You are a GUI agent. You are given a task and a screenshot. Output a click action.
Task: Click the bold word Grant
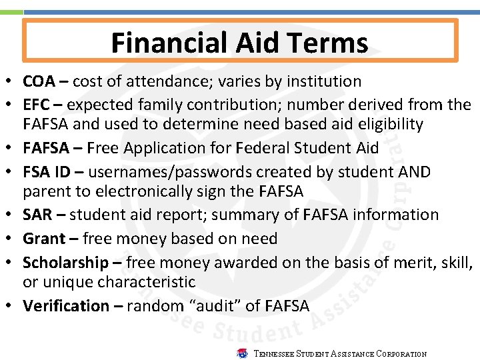pyautogui.click(x=44, y=239)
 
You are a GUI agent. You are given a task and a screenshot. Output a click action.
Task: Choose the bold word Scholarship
pyautogui.click(x=65, y=263)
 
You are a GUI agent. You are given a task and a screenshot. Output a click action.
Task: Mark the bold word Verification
pyautogui.click(x=66, y=306)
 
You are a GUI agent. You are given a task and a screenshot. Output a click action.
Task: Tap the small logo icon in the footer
pyautogui.click(x=243, y=353)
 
